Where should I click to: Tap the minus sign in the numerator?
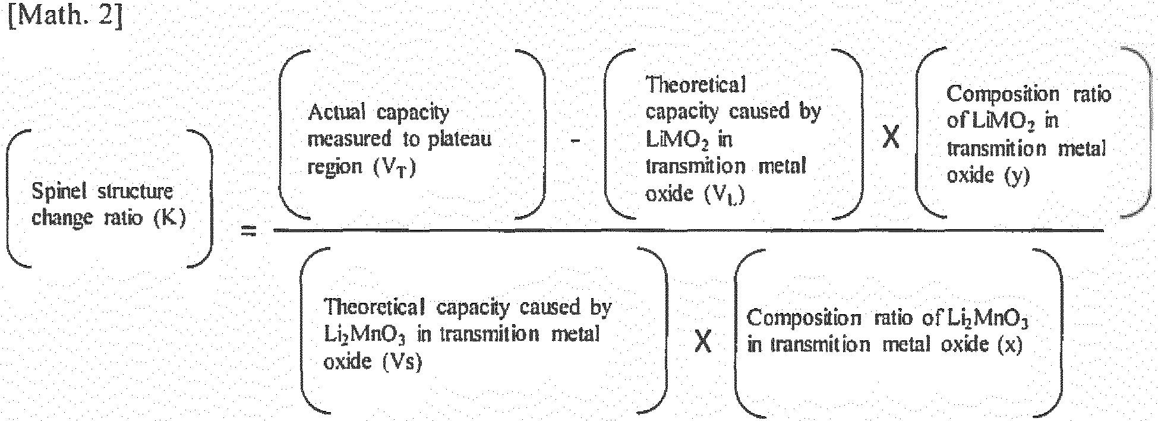coord(575,141)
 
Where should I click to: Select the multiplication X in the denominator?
coord(703,342)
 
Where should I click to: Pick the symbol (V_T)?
coord(395,167)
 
